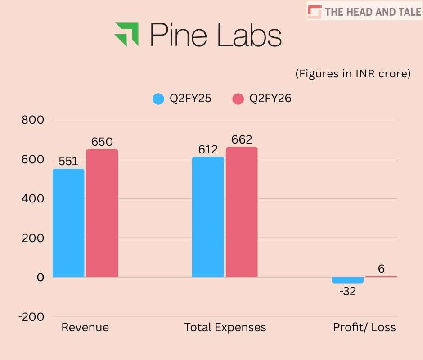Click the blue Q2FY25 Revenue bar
pyautogui.click(x=68, y=223)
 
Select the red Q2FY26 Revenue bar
pyautogui.click(x=102, y=213)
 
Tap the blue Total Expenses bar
pyautogui.click(x=208, y=216)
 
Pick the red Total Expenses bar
pyautogui.click(x=242, y=211)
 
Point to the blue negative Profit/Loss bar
pyautogui.click(x=347, y=280)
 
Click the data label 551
pyautogui.click(x=68, y=162)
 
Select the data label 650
pyautogui.click(x=102, y=142)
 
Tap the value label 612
pyautogui.click(x=208, y=150)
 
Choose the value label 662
pyautogui.click(x=242, y=140)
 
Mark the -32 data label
pyautogui.click(x=347, y=292)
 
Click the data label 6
pyautogui.click(x=381, y=269)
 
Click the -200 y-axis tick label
pyautogui.click(x=31, y=317)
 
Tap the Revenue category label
pyautogui.click(x=85, y=327)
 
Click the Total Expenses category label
pyautogui.click(x=225, y=327)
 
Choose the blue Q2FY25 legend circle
pyautogui.click(x=158, y=99)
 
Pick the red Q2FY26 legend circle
pyautogui.click(x=238, y=99)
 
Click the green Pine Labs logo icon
pyautogui.click(x=127, y=34)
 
